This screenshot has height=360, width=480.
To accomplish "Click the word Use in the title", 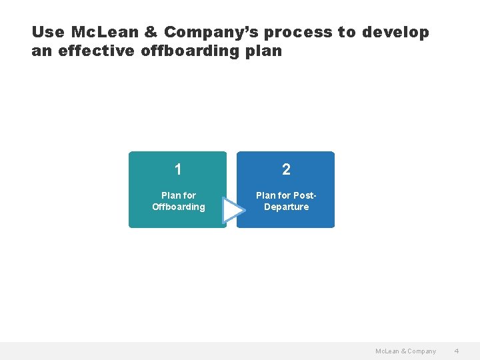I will (x=47, y=32).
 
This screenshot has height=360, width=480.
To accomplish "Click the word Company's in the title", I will (x=213, y=32).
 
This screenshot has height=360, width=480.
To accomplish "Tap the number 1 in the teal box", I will (x=178, y=169).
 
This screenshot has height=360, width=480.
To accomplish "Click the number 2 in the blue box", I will (x=286, y=169).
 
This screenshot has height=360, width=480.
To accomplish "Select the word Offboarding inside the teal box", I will (x=178, y=207).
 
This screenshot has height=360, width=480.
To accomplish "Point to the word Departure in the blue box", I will (x=286, y=207).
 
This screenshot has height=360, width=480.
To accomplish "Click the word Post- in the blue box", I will (x=305, y=195).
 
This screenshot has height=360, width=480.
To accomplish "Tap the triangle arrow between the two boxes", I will (x=232, y=210).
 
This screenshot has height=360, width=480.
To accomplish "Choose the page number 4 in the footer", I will (x=457, y=351).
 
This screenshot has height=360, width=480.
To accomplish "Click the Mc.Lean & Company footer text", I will (x=405, y=351).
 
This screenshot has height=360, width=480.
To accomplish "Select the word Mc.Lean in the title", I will (x=105, y=32).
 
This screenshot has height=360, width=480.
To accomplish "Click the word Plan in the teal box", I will (x=170, y=195).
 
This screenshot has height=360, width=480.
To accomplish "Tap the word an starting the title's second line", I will (x=41, y=51).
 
